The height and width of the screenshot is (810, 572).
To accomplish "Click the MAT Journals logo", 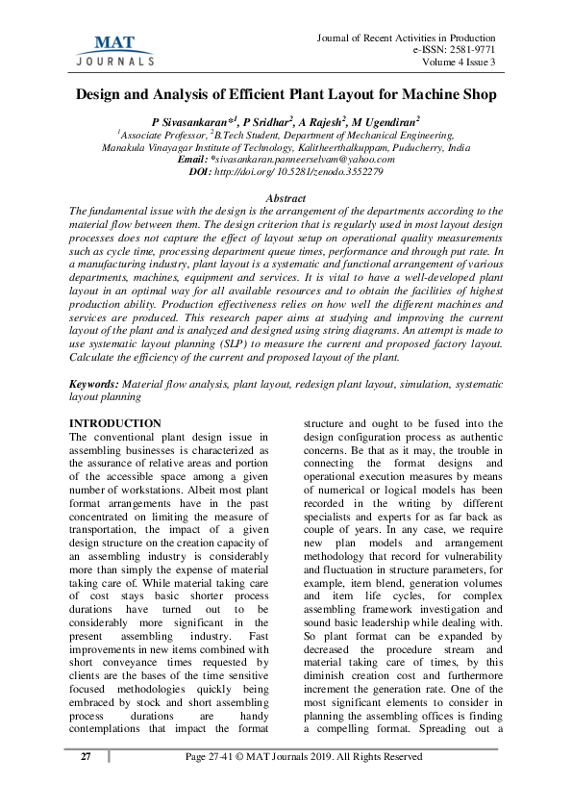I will point(114,49).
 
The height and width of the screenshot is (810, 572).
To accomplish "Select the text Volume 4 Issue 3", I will point(459,63).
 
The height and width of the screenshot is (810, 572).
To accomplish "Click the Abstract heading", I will point(286,196).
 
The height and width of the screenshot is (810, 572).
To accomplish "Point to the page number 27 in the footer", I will point(86,757).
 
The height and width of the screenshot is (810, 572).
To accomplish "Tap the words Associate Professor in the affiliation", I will point(163,137).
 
